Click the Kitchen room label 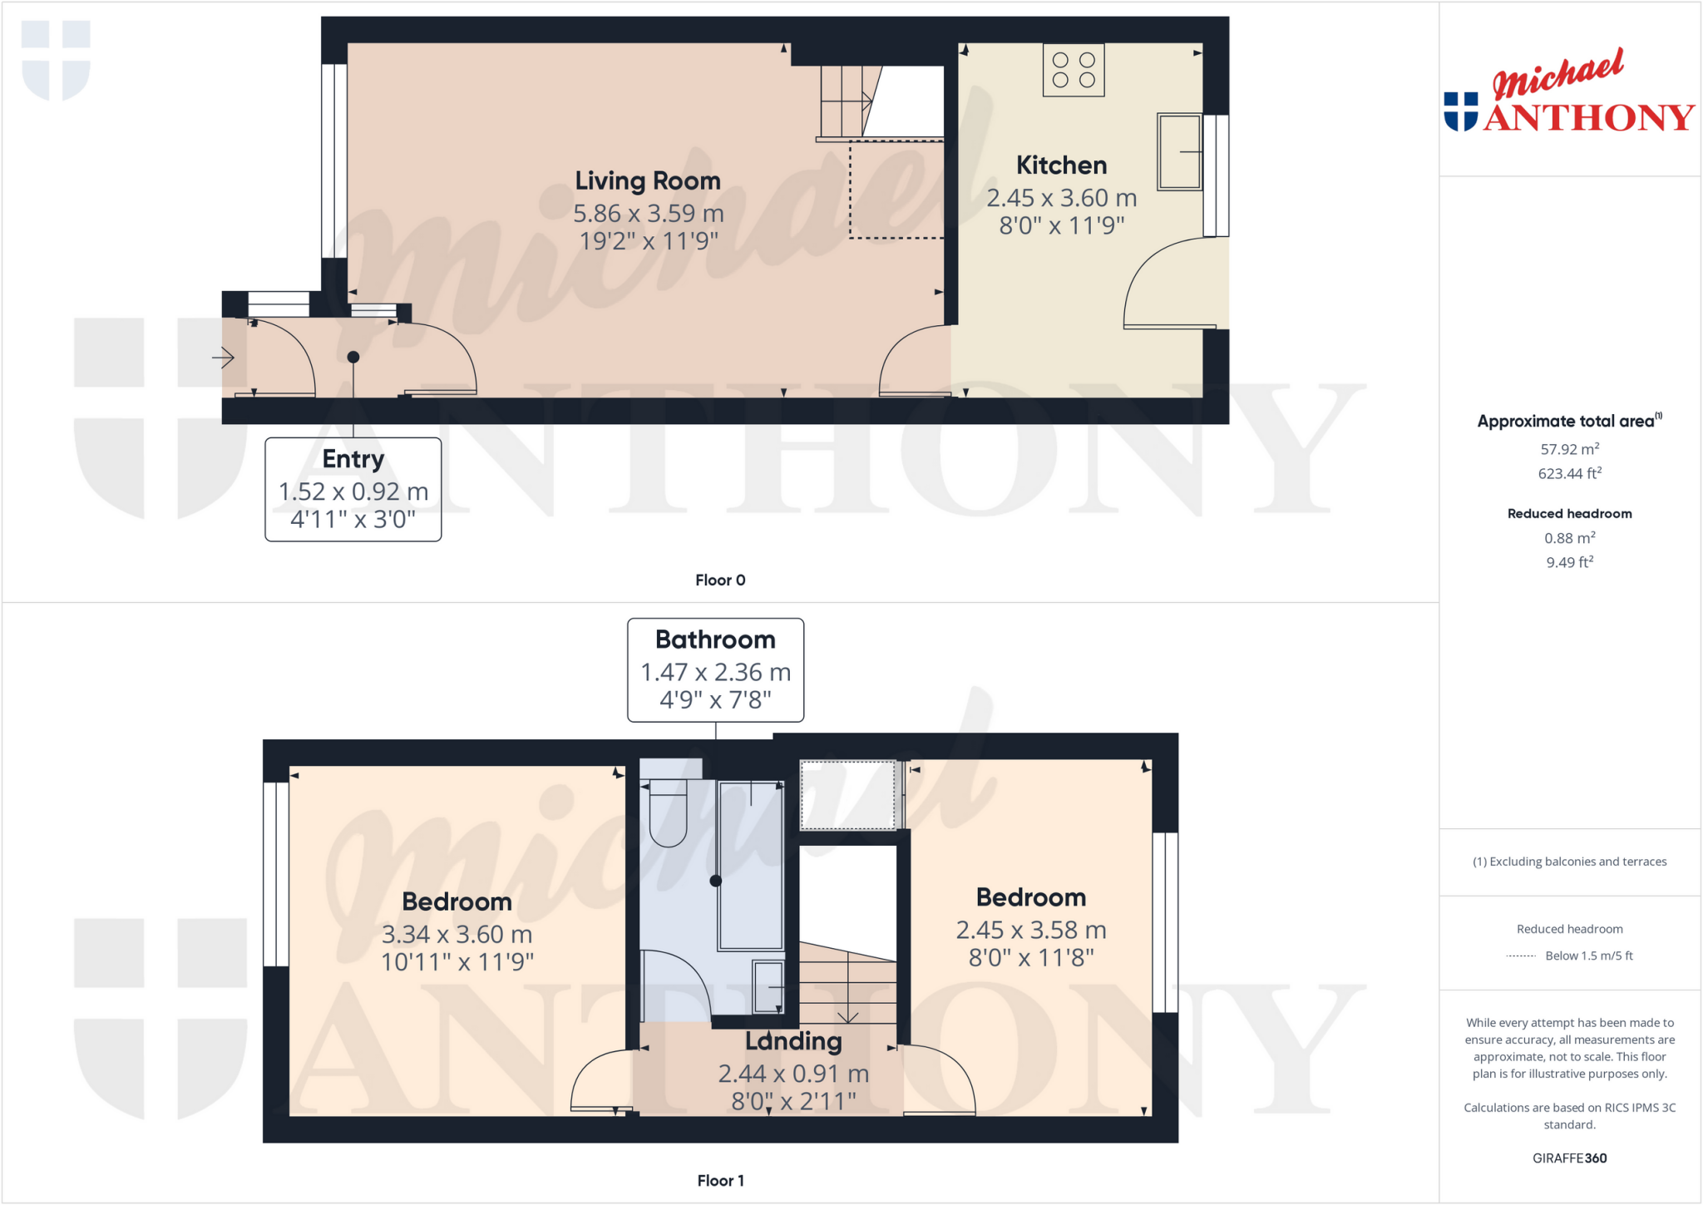pyautogui.click(x=1061, y=165)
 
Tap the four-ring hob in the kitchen pyautogui.click(x=1074, y=70)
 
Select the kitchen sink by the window pyautogui.click(x=1179, y=151)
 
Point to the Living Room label pyautogui.click(x=648, y=180)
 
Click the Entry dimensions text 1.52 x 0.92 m pyautogui.click(x=353, y=491)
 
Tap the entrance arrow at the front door pyautogui.click(x=223, y=358)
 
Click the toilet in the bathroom pyautogui.click(x=668, y=812)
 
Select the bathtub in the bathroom pyautogui.click(x=751, y=865)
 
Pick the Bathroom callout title pyautogui.click(x=715, y=640)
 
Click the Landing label pyautogui.click(x=793, y=1041)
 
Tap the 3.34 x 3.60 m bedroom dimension pyautogui.click(x=457, y=935)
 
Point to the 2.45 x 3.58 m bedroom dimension pyautogui.click(x=1031, y=930)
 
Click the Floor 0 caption pyautogui.click(x=720, y=580)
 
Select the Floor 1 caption pyautogui.click(x=720, y=1181)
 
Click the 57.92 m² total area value pyautogui.click(x=1569, y=449)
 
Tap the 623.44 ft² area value pyautogui.click(x=1569, y=474)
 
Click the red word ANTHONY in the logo pyautogui.click(x=1588, y=118)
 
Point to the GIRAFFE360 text pyautogui.click(x=1569, y=1158)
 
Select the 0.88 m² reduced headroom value pyautogui.click(x=1569, y=538)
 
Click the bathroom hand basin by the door pyautogui.click(x=768, y=986)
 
